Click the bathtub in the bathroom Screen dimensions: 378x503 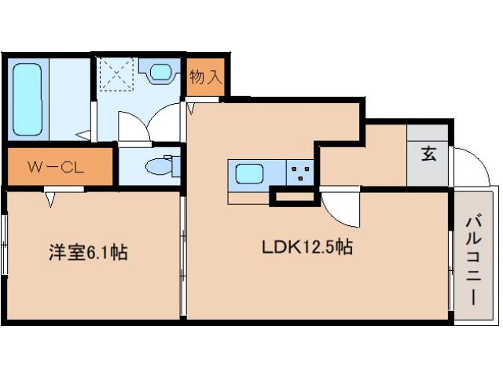point(29,98)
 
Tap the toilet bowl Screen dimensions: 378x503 point(158,166)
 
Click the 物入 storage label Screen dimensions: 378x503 point(207,77)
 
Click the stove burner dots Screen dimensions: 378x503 point(299,172)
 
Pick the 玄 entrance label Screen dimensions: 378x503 point(428,154)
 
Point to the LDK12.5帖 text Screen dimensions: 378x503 point(307,247)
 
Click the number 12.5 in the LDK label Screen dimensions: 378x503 point(321,247)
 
